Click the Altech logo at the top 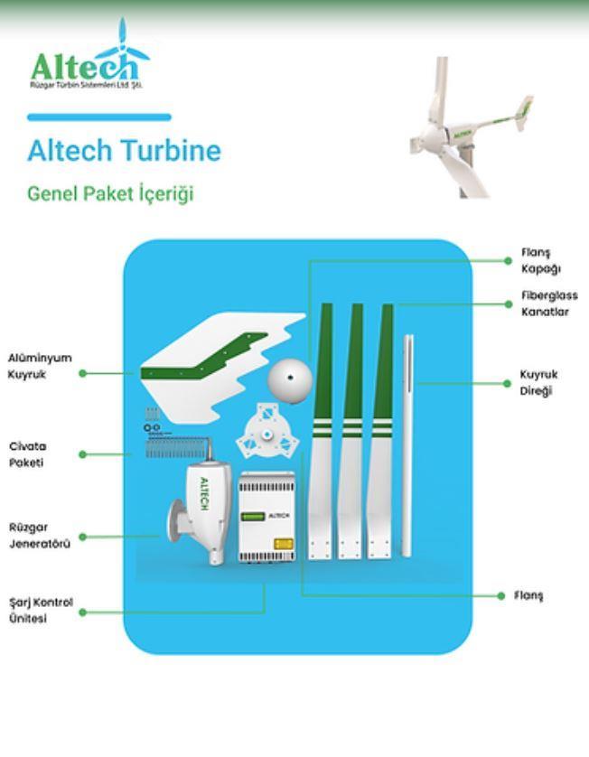[89, 54]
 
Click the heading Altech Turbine [124, 150]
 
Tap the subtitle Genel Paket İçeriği [110, 193]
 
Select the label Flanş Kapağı [541, 261]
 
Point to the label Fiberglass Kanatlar [549, 304]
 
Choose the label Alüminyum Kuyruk [40, 366]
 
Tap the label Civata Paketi [27, 454]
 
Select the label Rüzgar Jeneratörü [40, 536]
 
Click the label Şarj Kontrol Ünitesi [41, 611]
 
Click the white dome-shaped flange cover [290, 380]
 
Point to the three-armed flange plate [267, 435]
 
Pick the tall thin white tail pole [408, 445]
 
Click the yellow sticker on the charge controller [284, 544]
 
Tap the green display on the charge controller [253, 517]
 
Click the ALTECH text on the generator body [204, 493]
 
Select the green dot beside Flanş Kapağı [508, 261]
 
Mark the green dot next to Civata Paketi [82, 454]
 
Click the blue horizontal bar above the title [99, 117]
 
